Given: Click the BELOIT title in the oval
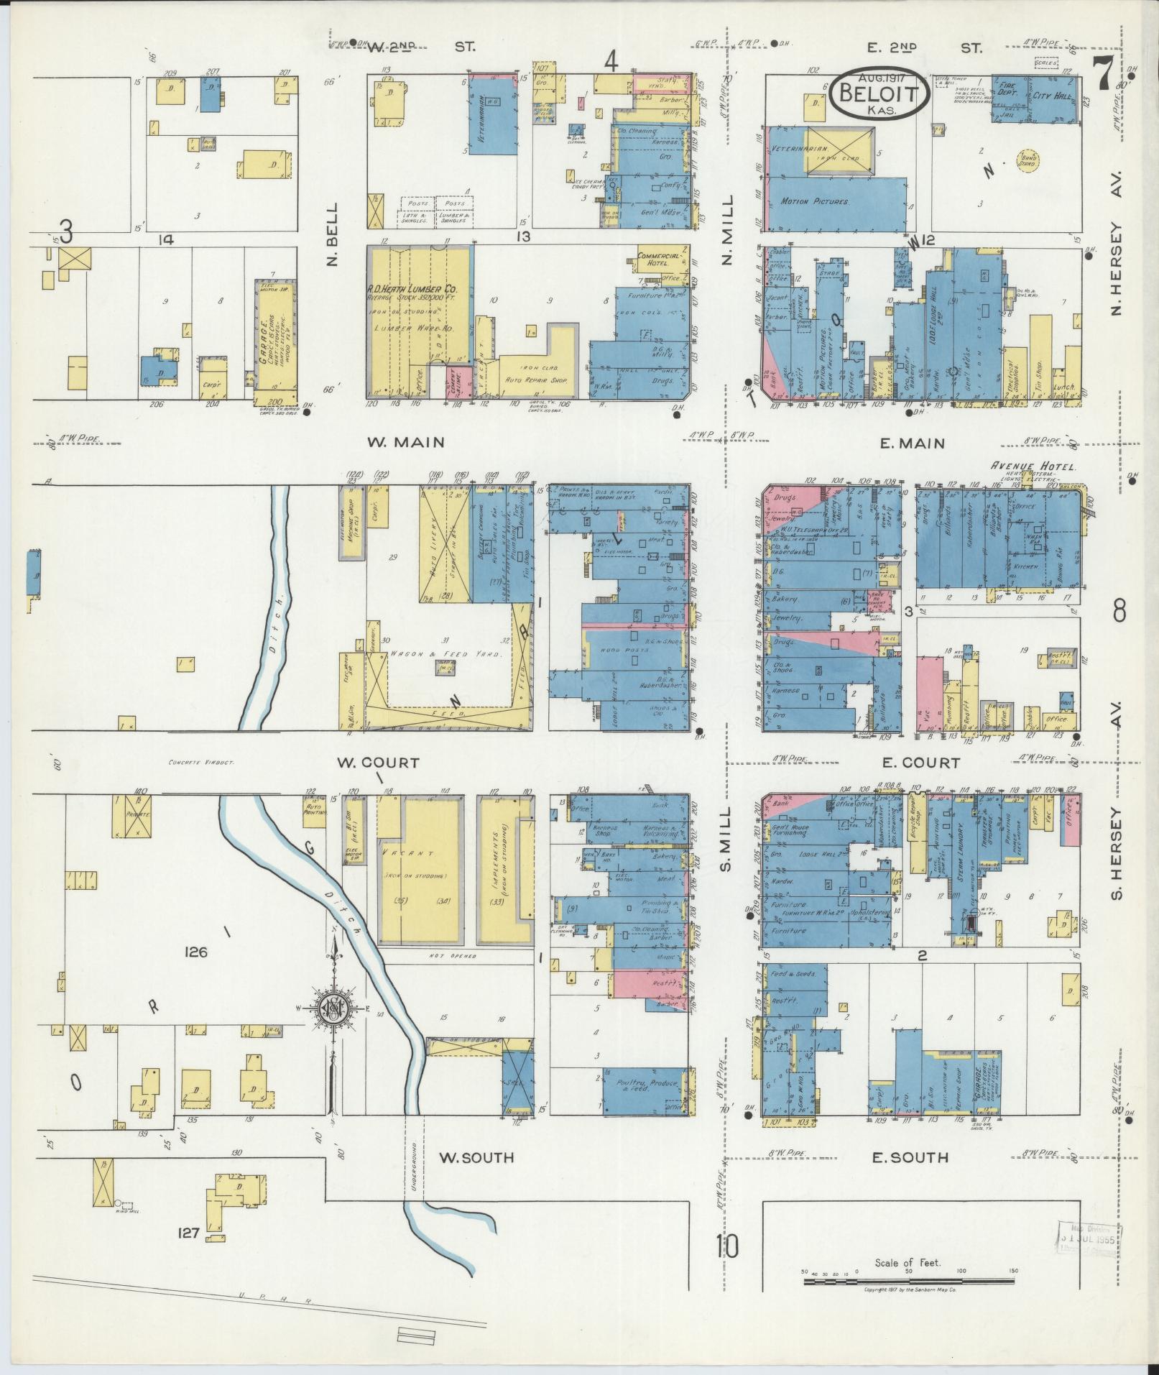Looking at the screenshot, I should (x=880, y=93).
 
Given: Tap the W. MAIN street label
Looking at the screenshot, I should (x=406, y=443).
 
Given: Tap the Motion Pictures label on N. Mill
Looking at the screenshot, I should (x=814, y=203).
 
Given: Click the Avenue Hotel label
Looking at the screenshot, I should (x=1033, y=466).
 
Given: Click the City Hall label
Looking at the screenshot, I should (x=1052, y=93).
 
